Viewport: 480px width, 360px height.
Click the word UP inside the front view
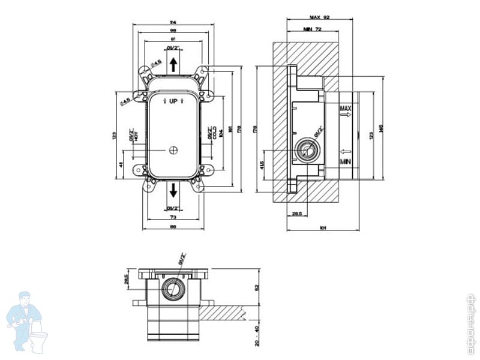pyautogui.click(x=173, y=101)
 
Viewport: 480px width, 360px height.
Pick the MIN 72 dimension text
pyautogui.click(x=313, y=28)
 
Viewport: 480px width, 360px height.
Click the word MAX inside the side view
pyautogui.click(x=345, y=109)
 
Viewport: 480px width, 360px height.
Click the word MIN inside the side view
pyautogui.click(x=345, y=162)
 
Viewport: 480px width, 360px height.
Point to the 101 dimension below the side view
pyautogui.click(x=323, y=227)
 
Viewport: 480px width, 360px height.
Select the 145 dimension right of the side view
pyautogui.click(x=380, y=130)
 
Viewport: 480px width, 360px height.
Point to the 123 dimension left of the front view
pyautogui.click(x=115, y=136)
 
